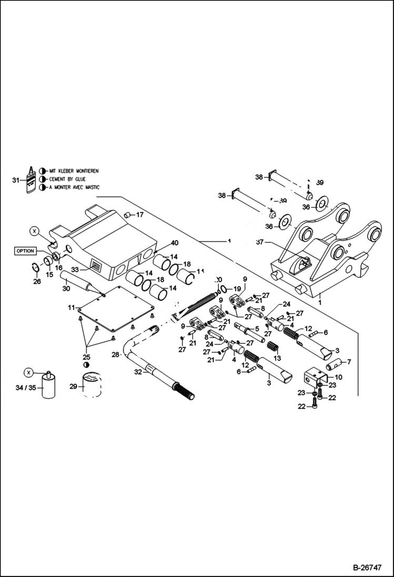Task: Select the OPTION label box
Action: click(25, 251)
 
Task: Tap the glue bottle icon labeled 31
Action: click(32, 180)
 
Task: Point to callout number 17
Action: click(139, 215)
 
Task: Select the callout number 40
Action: click(174, 243)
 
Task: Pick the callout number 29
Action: click(73, 387)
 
